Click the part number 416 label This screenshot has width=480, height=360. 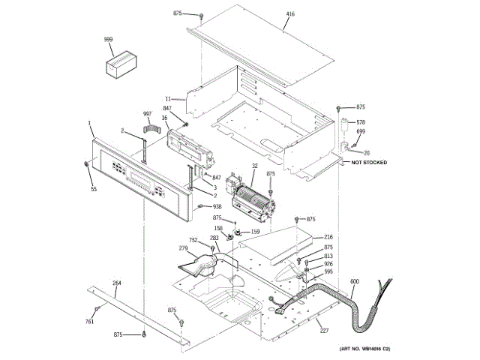[x=290, y=14]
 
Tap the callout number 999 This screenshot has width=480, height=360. [x=109, y=38]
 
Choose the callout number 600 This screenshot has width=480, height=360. [x=354, y=281]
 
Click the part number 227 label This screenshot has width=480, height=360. [x=324, y=331]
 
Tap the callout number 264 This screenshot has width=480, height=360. [x=116, y=283]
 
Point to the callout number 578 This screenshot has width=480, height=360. [x=361, y=121]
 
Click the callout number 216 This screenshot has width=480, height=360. [x=328, y=237]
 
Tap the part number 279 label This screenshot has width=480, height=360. [x=183, y=248]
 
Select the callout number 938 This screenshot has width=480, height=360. [x=217, y=206]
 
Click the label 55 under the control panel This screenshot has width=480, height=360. [x=94, y=189]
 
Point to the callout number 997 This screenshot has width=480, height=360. [x=147, y=113]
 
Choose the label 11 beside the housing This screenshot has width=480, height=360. [x=169, y=97]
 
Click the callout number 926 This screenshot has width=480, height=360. [x=328, y=264]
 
